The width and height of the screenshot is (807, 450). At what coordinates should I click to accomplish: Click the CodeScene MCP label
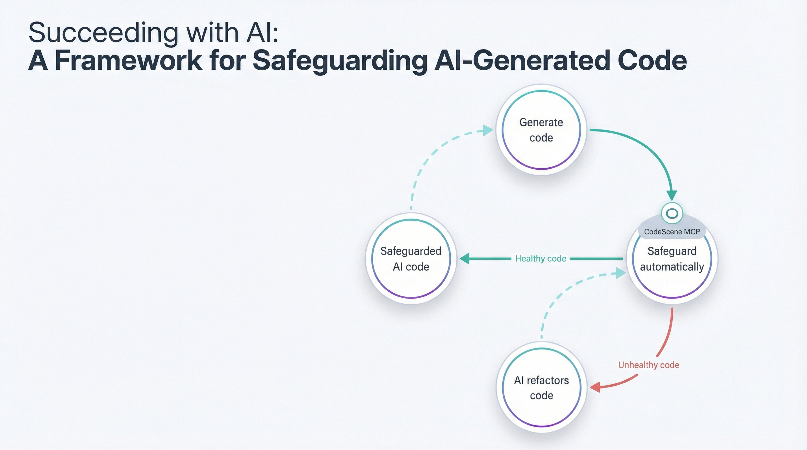pyautogui.click(x=672, y=231)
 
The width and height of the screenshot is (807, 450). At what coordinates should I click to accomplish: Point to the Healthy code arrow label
pyautogui.click(x=541, y=258)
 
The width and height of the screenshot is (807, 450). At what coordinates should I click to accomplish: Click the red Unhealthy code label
pyautogui.click(x=648, y=365)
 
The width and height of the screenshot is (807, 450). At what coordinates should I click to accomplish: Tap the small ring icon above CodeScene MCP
pyautogui.click(x=672, y=213)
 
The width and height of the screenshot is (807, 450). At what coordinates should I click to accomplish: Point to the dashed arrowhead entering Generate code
pyautogui.click(x=488, y=130)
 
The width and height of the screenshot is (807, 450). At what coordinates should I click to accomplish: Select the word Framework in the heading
pyautogui.click(x=128, y=60)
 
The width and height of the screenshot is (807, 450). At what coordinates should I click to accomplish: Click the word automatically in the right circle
pyautogui.click(x=672, y=267)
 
